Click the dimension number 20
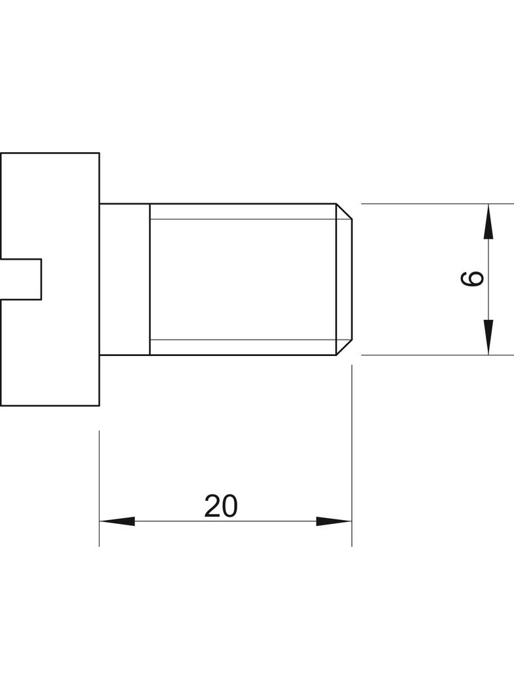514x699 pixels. pyautogui.click(x=221, y=506)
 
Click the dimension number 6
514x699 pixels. pyautogui.click(x=471, y=279)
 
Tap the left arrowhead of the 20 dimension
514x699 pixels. pyautogui.click(x=117, y=521)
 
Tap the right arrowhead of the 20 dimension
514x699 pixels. pyautogui.click(x=334, y=521)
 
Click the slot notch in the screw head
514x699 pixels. pyautogui.click(x=21, y=279)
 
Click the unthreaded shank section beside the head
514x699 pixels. pyautogui.click(x=125, y=279)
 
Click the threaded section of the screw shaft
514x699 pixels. pyautogui.click(x=243, y=279)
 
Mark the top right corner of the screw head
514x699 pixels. pyautogui.click(x=99, y=153)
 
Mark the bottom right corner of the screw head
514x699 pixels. pyautogui.click(x=99, y=405)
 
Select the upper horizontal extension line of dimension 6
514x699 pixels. pyautogui.click(x=437, y=204)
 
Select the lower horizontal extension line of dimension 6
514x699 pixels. pyautogui.click(x=437, y=355)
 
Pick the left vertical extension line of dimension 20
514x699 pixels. pyautogui.click(x=100, y=488)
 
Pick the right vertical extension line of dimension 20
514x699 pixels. pyautogui.click(x=351, y=456)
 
